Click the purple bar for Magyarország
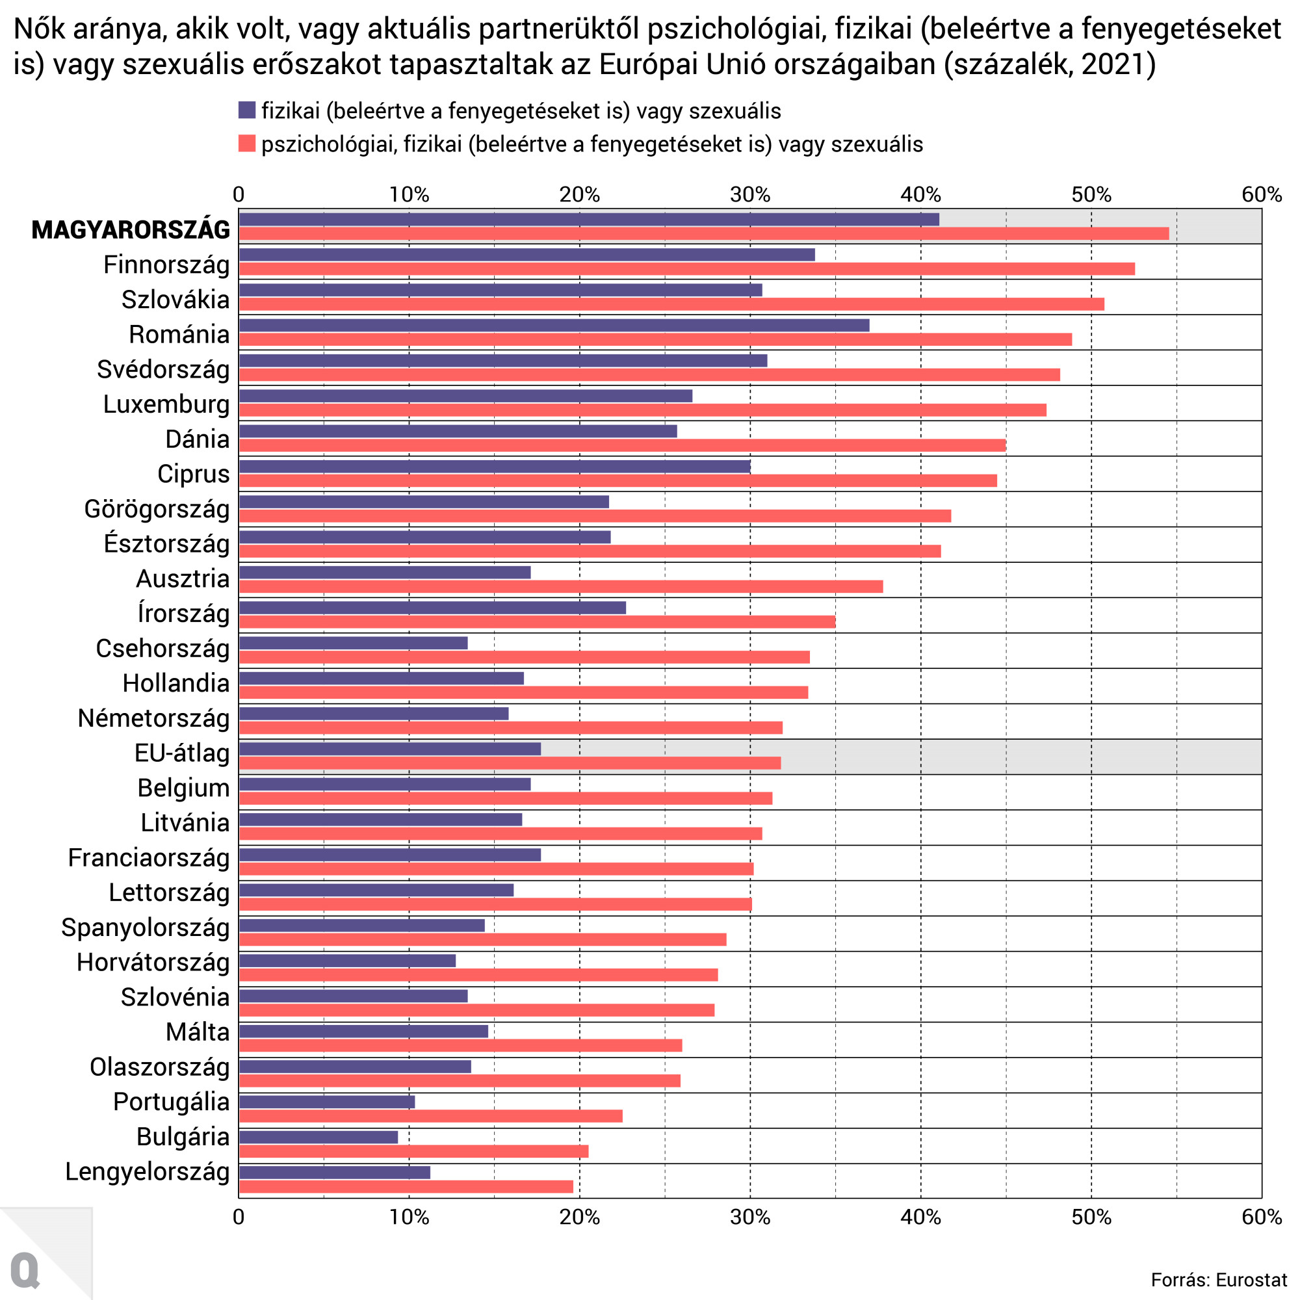[x=589, y=219]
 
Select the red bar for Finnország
[x=686, y=269]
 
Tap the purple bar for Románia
[x=554, y=326]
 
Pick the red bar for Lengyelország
[x=406, y=1187]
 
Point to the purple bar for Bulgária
[x=318, y=1137]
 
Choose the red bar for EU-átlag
[x=510, y=763]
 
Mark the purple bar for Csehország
[x=353, y=643]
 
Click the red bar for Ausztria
[x=560, y=587]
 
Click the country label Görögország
[x=157, y=510]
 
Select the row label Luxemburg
[x=166, y=404]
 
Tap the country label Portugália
[x=171, y=1102]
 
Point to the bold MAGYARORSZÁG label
[x=131, y=229]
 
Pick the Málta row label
[x=198, y=1032]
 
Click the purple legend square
[x=247, y=110]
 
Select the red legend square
[x=247, y=143]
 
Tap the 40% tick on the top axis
[x=920, y=194]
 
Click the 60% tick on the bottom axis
[x=1262, y=1217]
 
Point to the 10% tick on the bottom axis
[x=409, y=1217]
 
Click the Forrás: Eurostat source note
[x=1219, y=1280]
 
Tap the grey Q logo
[x=25, y=1270]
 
